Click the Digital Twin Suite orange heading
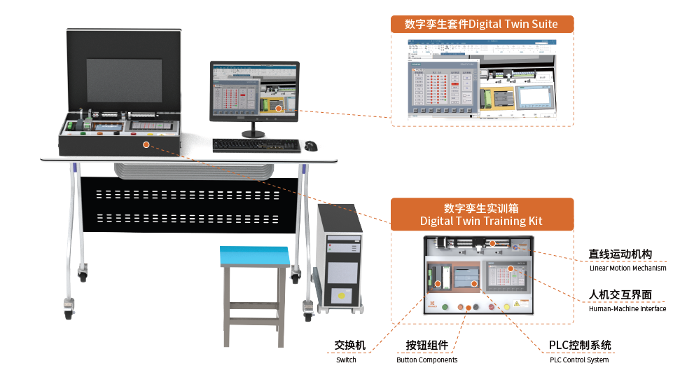pyautogui.click(x=482, y=24)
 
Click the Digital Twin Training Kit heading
pyautogui.click(x=482, y=214)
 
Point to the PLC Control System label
pyautogui.click(x=579, y=351)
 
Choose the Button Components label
pyautogui.click(x=426, y=351)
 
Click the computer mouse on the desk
pyautogui.click(x=310, y=145)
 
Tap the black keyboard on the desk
pyautogui.click(x=256, y=145)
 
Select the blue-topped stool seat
pyautogui.click(x=255, y=256)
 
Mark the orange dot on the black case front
pyautogui.click(x=146, y=144)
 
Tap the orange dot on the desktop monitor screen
pyautogui.click(x=278, y=108)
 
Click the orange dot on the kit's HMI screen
pyautogui.click(x=511, y=268)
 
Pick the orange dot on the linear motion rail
pyautogui.click(x=492, y=243)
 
